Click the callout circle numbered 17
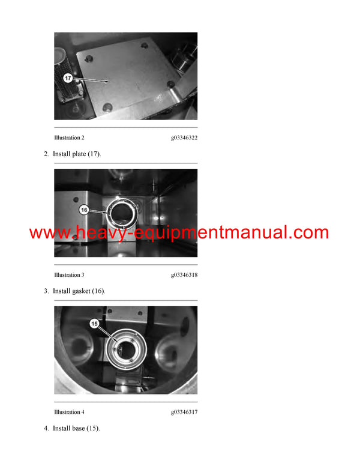coord(68,78)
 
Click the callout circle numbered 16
coord(84,210)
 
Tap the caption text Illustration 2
coord(69,138)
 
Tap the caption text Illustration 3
coord(69,275)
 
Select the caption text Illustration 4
coord(69,412)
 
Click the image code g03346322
coord(184,138)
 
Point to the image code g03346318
coord(184,275)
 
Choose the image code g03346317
coord(184,412)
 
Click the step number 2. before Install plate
coord(46,154)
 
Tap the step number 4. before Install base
coord(46,429)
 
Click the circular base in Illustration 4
coord(127,347)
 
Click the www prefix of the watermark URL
coord(49,233)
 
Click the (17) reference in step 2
coord(94,154)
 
